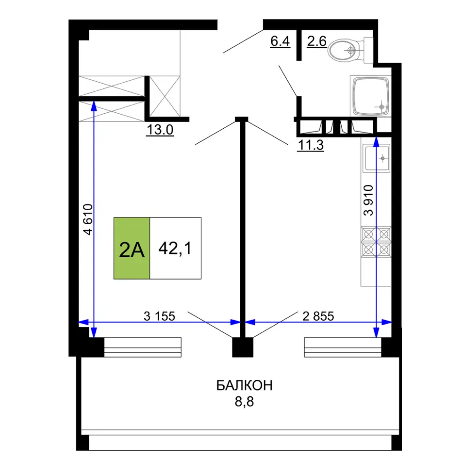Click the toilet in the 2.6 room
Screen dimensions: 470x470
[350, 50]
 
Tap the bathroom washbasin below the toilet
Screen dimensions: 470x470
[371, 96]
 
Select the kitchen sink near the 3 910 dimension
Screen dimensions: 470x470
[376, 158]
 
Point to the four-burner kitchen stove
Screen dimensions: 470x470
[376, 242]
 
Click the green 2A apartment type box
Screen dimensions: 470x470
[132, 248]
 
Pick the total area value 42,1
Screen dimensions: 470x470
[175, 249]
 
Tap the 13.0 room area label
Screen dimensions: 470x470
[160, 130]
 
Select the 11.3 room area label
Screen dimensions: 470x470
[311, 145]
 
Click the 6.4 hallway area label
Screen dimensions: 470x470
[280, 41]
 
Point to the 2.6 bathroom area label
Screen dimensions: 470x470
[316, 41]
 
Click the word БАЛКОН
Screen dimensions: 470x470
[244, 385]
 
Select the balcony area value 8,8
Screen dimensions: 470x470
[244, 402]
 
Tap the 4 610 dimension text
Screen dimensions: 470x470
[88, 219]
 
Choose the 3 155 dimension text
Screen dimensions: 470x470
[159, 316]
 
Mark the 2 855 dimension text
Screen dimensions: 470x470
[318, 316]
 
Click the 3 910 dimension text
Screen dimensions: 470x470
[368, 200]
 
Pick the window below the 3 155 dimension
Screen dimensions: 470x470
[143, 347]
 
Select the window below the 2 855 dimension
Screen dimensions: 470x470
[343, 347]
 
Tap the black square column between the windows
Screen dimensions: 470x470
[243, 347]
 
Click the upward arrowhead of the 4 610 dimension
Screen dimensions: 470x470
[94, 105]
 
